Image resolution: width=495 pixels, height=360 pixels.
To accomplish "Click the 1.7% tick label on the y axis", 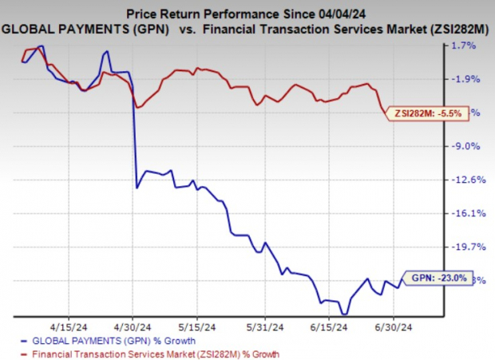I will pyautogui.click(x=465, y=45).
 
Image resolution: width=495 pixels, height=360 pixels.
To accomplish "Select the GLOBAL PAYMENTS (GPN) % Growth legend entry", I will pyautogui.click(x=99, y=340).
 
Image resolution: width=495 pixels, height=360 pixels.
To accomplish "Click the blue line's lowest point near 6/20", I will pyautogui.click(x=344, y=314).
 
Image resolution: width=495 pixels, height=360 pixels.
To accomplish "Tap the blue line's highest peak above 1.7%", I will pyautogui.click(x=42, y=46).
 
